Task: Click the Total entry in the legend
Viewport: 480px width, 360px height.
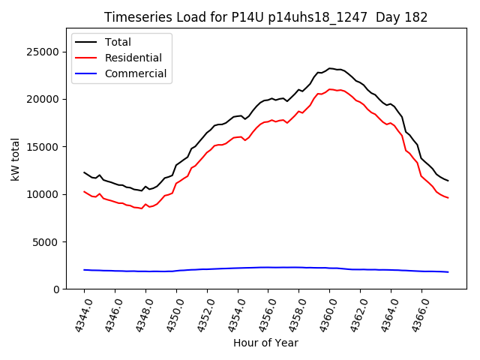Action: (x=118, y=42)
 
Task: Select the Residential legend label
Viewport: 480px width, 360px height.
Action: (x=133, y=58)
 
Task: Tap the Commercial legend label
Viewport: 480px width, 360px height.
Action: (x=135, y=73)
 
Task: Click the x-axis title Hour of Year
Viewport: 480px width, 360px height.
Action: (x=265, y=343)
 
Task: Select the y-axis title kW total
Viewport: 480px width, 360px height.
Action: (x=15, y=159)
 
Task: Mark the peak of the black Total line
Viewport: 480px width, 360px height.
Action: (x=330, y=68)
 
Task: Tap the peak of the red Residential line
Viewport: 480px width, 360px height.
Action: (x=330, y=89)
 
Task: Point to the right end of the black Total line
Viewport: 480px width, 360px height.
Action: (x=448, y=181)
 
